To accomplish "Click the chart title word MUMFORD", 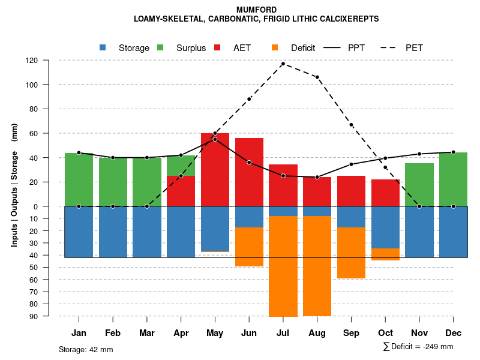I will pyautogui.click(x=256, y=10).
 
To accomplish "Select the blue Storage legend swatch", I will pyautogui.click(x=103, y=47).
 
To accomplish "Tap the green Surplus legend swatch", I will pyautogui.click(x=160, y=47).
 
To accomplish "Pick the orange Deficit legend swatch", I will pyautogui.click(x=275, y=47).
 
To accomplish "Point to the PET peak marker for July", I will pyautogui.click(x=283, y=64).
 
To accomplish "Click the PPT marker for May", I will pyautogui.click(x=215, y=139).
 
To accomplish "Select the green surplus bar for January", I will pyautogui.click(x=79, y=179).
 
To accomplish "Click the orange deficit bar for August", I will pyautogui.click(x=317, y=266).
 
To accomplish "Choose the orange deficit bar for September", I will pyautogui.click(x=351, y=253).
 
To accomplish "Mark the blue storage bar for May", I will pyautogui.click(x=215, y=229).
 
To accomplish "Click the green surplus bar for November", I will pyautogui.click(x=419, y=185).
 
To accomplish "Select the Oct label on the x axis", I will pyautogui.click(x=385, y=333).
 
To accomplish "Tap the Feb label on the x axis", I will pyautogui.click(x=113, y=333).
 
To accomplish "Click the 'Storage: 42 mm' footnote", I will pyautogui.click(x=86, y=349).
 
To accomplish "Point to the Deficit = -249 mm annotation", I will pyautogui.click(x=418, y=346).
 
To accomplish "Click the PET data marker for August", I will pyautogui.click(x=317, y=77).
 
